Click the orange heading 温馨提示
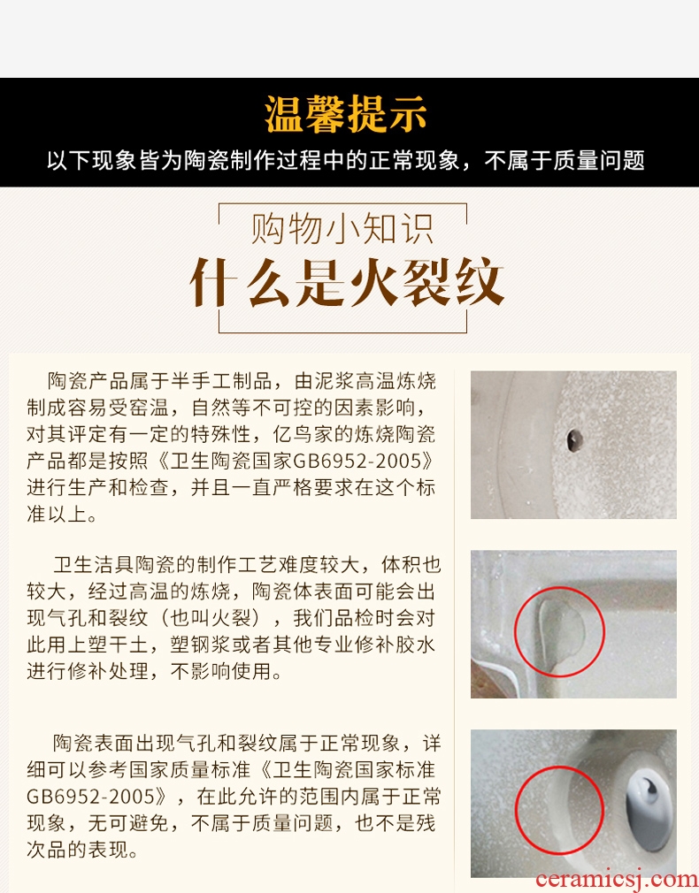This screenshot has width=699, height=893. tap(345, 114)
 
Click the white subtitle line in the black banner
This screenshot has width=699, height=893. tap(345, 161)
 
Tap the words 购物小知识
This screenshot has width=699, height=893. tap(342, 229)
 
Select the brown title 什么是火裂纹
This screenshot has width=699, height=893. tap(347, 282)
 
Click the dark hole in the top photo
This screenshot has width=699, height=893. tap(574, 440)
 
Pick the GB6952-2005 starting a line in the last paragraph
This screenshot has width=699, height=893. tap(90, 796)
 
